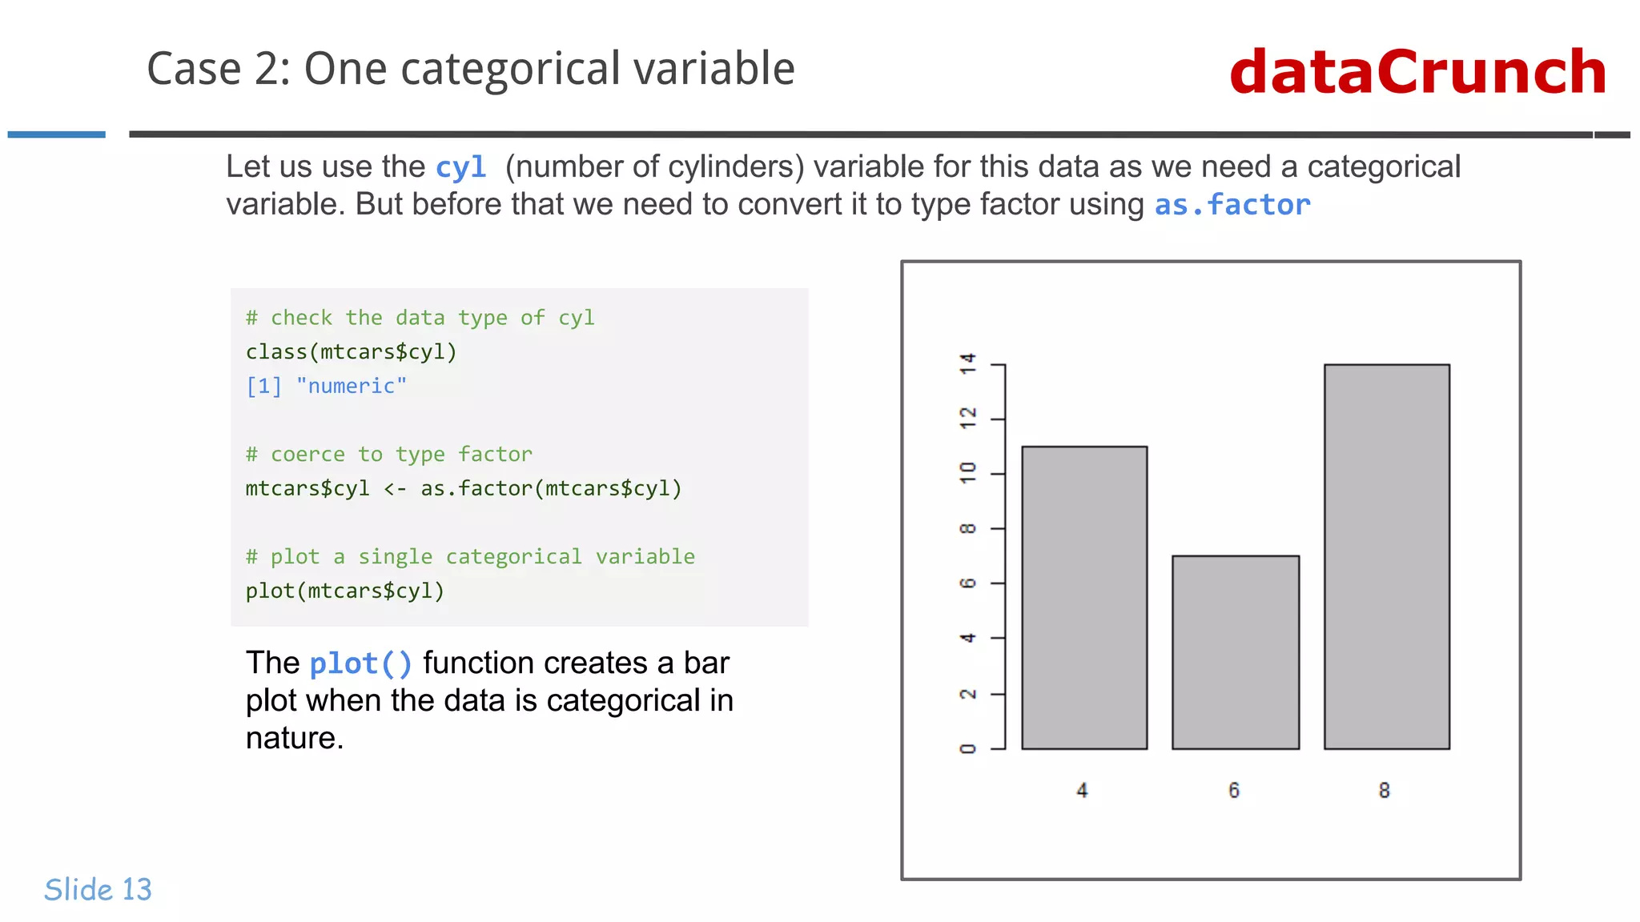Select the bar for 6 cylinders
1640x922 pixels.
click(x=1235, y=652)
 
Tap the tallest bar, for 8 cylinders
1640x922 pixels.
click(x=1386, y=556)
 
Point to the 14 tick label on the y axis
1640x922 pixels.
click(x=968, y=364)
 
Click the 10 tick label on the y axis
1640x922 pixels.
click(x=968, y=473)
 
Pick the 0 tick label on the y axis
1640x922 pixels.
click(x=968, y=748)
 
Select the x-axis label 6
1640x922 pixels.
click(x=1234, y=791)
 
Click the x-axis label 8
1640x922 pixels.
click(x=1385, y=791)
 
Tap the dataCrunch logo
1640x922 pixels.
click(x=1417, y=72)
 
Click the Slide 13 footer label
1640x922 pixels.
click(x=98, y=889)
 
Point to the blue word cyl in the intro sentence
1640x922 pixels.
click(x=460, y=167)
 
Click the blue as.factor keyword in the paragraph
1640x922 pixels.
click(x=1232, y=205)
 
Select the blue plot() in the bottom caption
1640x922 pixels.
click(x=360, y=663)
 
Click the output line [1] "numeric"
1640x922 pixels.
click(x=326, y=386)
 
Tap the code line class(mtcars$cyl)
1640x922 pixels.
click(x=351, y=352)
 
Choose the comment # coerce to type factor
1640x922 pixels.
click(x=388, y=455)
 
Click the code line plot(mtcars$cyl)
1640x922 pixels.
click(x=344, y=591)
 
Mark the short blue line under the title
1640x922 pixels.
click(x=57, y=134)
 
